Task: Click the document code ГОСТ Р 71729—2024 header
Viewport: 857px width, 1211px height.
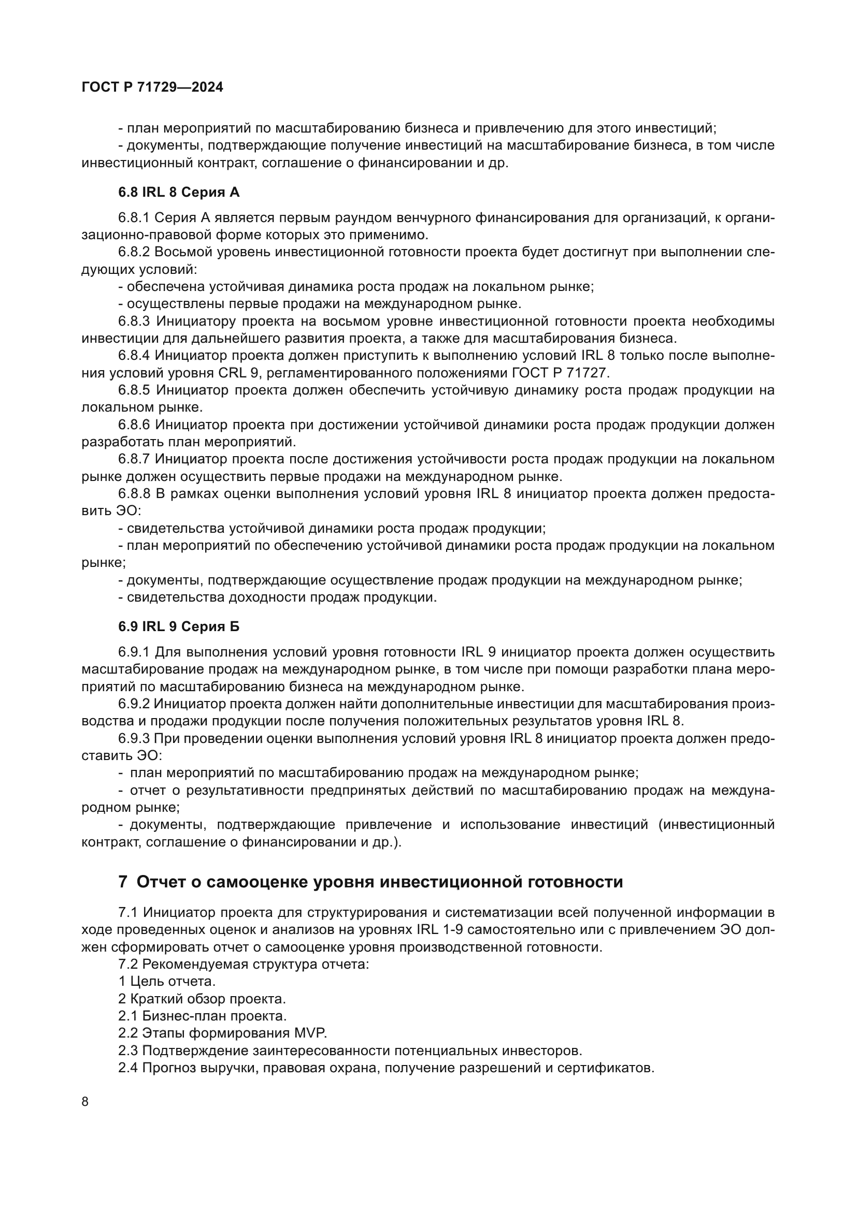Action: click(152, 87)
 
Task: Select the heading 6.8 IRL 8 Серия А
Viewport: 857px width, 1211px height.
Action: click(178, 193)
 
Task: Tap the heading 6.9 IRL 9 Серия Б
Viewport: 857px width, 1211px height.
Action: click(178, 626)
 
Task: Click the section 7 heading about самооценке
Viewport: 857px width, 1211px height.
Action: click(370, 882)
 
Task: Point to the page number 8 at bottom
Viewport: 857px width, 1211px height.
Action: click(85, 1102)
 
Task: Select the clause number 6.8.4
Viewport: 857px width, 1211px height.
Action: click(134, 356)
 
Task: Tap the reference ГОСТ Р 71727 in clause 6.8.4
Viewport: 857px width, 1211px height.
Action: click(560, 373)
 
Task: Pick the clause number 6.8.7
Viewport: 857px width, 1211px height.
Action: click(134, 459)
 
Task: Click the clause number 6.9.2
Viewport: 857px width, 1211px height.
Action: click(134, 704)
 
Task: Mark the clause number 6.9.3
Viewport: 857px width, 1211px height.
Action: click(134, 738)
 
